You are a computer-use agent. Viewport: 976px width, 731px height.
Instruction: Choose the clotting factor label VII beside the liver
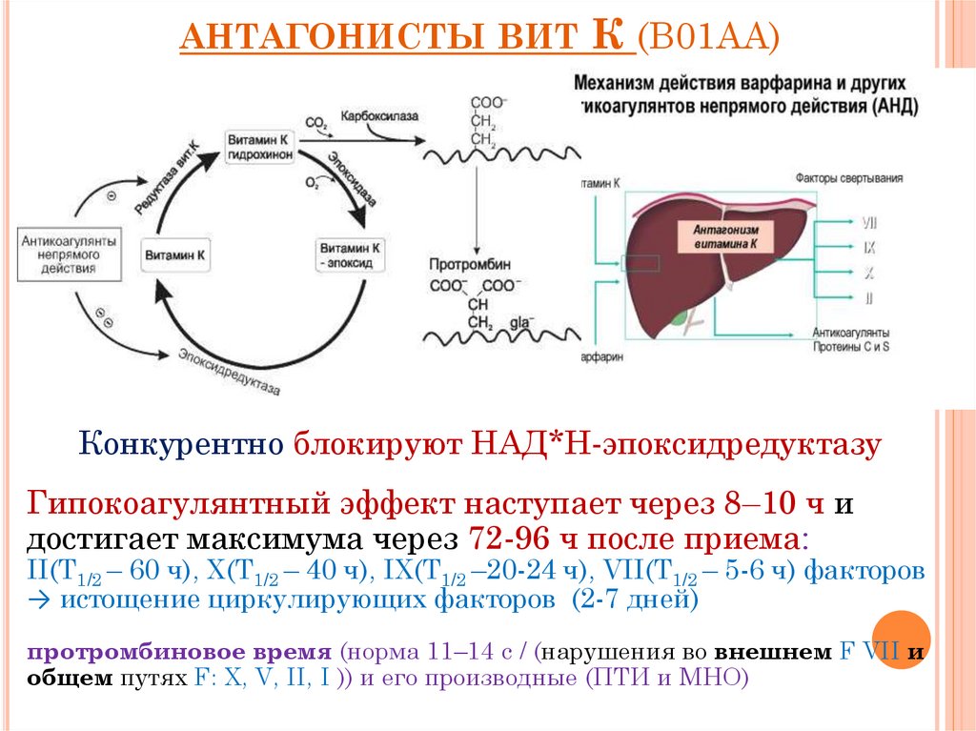tap(868, 222)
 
